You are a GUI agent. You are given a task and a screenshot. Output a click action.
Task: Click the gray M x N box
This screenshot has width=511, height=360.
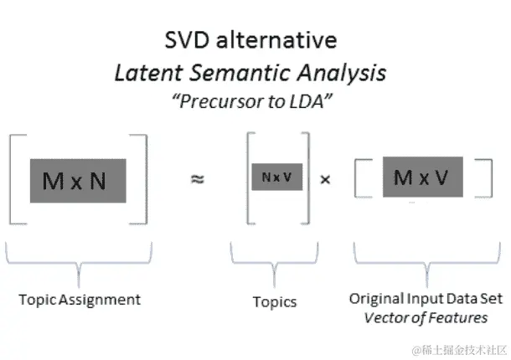(75, 180)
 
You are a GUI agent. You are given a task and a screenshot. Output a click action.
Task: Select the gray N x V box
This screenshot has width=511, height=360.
(276, 177)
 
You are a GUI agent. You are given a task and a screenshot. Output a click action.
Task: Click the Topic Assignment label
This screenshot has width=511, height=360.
(80, 299)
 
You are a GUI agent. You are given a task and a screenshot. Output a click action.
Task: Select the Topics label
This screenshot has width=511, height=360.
(275, 301)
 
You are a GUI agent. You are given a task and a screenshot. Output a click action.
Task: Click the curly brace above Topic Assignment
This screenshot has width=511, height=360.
(80, 260)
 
